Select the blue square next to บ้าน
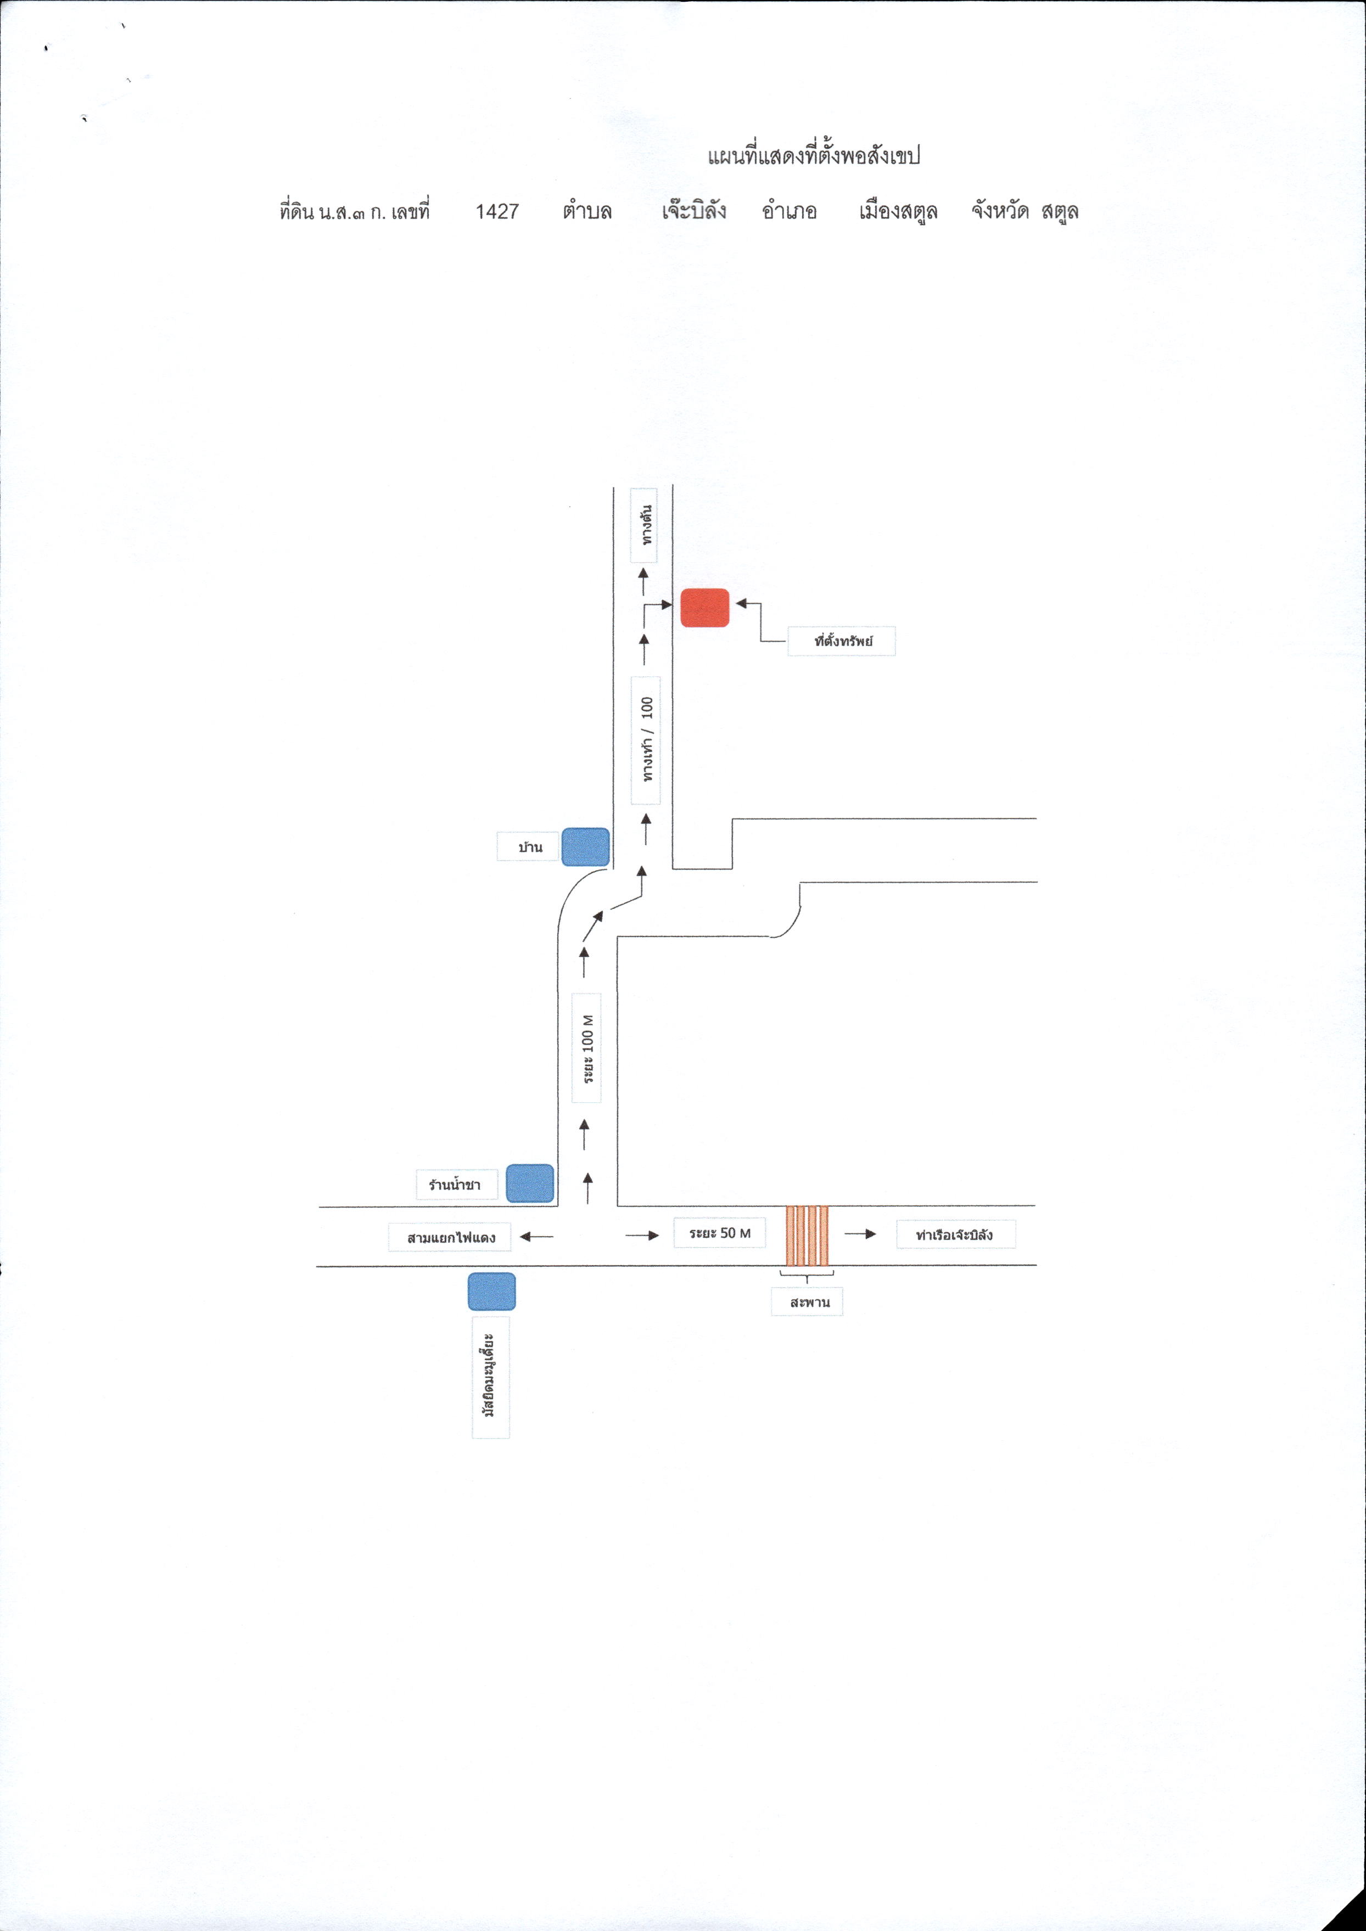[585, 847]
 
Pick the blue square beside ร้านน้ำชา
[530, 1183]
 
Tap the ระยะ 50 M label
[720, 1233]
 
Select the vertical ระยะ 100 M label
[587, 1048]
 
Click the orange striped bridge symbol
[807, 1236]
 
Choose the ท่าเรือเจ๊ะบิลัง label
[955, 1234]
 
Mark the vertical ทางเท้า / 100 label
[646, 739]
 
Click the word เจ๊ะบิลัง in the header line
[694, 210]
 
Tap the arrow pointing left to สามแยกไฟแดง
[536, 1236]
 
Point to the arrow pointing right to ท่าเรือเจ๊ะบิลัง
[860, 1234]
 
